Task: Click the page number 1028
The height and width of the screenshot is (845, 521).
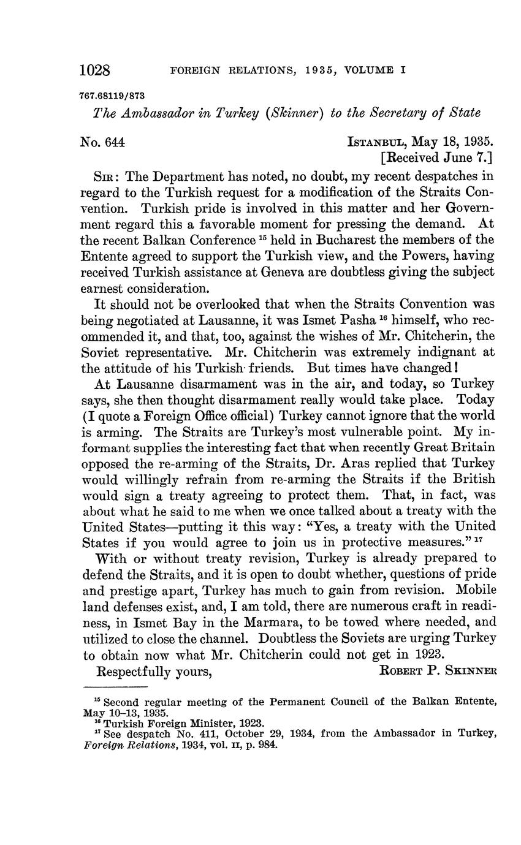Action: point(95,70)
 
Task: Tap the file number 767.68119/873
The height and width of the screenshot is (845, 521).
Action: point(113,95)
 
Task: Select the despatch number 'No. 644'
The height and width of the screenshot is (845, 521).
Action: point(102,142)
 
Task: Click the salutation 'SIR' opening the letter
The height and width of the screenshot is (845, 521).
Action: point(105,176)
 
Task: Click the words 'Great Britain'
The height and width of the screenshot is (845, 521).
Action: point(455,447)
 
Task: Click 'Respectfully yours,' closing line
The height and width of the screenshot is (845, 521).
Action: point(154,670)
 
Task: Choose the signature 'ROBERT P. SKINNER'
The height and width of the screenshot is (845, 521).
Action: point(438,670)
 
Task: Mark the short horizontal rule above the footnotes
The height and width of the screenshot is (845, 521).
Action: point(114,686)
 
